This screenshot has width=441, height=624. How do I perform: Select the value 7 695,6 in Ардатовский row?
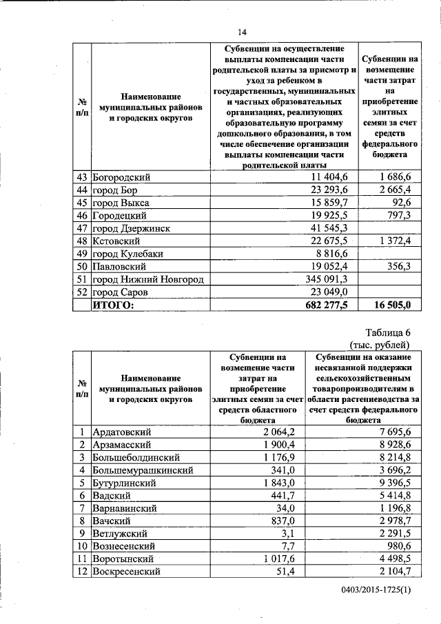393,432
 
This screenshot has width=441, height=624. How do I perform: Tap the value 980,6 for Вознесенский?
397,545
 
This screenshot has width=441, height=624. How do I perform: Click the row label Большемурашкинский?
143,470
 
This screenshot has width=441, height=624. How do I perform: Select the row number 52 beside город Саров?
83,292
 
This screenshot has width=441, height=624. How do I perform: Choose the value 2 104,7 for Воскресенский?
393,571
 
